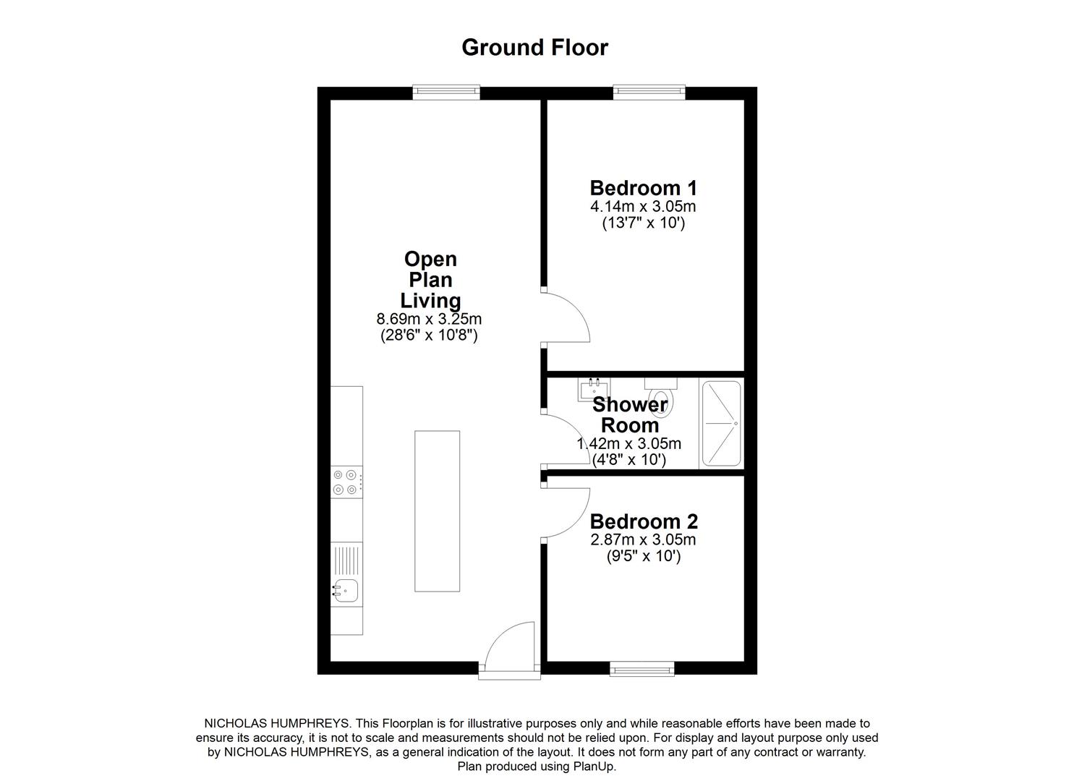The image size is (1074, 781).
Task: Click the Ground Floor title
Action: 534,48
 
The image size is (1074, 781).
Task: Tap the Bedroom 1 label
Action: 643,188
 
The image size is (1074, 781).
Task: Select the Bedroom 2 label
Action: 643,521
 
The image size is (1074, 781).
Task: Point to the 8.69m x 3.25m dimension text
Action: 429,319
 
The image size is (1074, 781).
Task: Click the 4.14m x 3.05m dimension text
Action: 643,207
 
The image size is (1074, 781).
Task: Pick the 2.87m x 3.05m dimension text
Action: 643,540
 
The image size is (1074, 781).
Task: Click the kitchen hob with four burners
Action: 345,482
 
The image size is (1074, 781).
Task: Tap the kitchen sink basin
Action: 345,591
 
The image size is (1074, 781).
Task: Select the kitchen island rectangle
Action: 437,511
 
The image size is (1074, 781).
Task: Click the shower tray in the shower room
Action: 721,423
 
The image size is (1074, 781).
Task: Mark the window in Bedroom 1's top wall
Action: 649,91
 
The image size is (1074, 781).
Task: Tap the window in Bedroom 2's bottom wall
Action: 642,669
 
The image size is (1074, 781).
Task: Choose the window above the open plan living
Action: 446,91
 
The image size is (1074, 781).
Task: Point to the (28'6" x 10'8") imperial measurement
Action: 429,336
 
